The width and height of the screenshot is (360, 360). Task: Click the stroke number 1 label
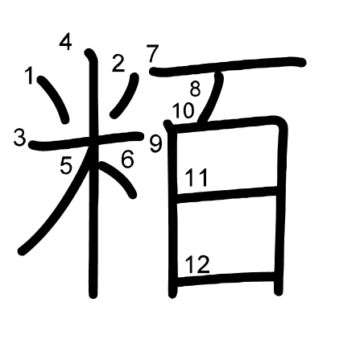(x=29, y=76)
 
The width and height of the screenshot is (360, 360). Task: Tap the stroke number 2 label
(x=118, y=64)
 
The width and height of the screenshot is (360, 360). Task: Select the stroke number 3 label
(x=20, y=138)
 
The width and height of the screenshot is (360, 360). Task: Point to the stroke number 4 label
(x=66, y=42)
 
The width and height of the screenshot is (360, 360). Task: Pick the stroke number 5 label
(x=66, y=165)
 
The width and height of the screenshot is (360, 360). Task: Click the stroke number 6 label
(x=127, y=159)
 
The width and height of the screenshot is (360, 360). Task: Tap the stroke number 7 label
(x=152, y=54)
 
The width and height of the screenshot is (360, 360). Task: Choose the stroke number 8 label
(x=195, y=89)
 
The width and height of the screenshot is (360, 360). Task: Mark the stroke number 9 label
(x=155, y=143)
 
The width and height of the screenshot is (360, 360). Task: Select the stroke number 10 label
(x=183, y=110)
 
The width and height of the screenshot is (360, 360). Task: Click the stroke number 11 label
(x=197, y=178)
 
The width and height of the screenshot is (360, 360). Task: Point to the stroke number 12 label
(x=197, y=265)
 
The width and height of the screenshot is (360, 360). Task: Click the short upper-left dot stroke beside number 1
(x=54, y=99)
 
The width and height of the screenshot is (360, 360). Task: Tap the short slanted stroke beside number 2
(x=126, y=95)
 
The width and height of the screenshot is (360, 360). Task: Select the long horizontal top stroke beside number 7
(x=228, y=66)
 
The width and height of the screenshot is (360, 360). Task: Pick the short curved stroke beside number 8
(x=214, y=97)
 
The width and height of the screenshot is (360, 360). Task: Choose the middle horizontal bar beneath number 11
(x=227, y=195)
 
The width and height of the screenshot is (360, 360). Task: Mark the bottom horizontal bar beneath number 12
(x=226, y=279)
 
